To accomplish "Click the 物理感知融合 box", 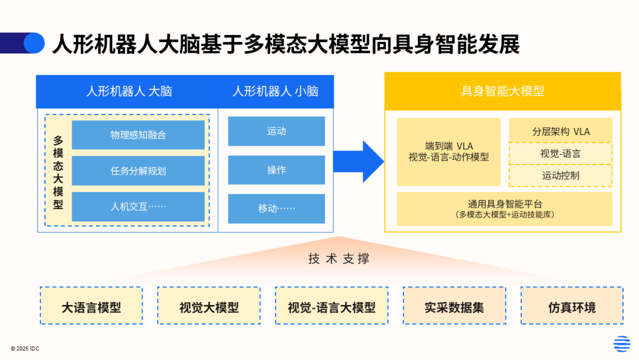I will pyautogui.click(x=138, y=135).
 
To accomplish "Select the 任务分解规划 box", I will pyautogui.click(x=138, y=171).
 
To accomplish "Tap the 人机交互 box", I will pyautogui.click(x=138, y=207).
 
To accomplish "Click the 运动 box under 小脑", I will pyautogui.click(x=276, y=131).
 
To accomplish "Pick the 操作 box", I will pyautogui.click(x=276, y=170).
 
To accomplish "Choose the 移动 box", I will pyautogui.click(x=276, y=208).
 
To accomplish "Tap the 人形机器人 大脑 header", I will pyautogui.click(x=127, y=91).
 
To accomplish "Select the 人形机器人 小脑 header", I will pyautogui.click(x=276, y=91).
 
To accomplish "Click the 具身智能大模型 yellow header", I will pyautogui.click(x=502, y=91).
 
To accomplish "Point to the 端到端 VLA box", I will pyautogui.click(x=448, y=152).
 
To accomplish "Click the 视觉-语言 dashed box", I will pyautogui.click(x=560, y=153).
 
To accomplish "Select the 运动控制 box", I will pyautogui.click(x=560, y=175).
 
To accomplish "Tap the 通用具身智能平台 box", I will pyautogui.click(x=504, y=208).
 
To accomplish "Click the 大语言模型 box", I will pyautogui.click(x=91, y=306).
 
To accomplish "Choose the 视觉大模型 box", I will pyautogui.click(x=209, y=306).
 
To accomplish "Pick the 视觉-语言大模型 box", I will pyautogui.click(x=331, y=306).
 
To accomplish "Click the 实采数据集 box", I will pyautogui.click(x=454, y=306).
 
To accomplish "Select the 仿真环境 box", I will pyautogui.click(x=572, y=306).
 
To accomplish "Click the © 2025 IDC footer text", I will pyautogui.click(x=25, y=349).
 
